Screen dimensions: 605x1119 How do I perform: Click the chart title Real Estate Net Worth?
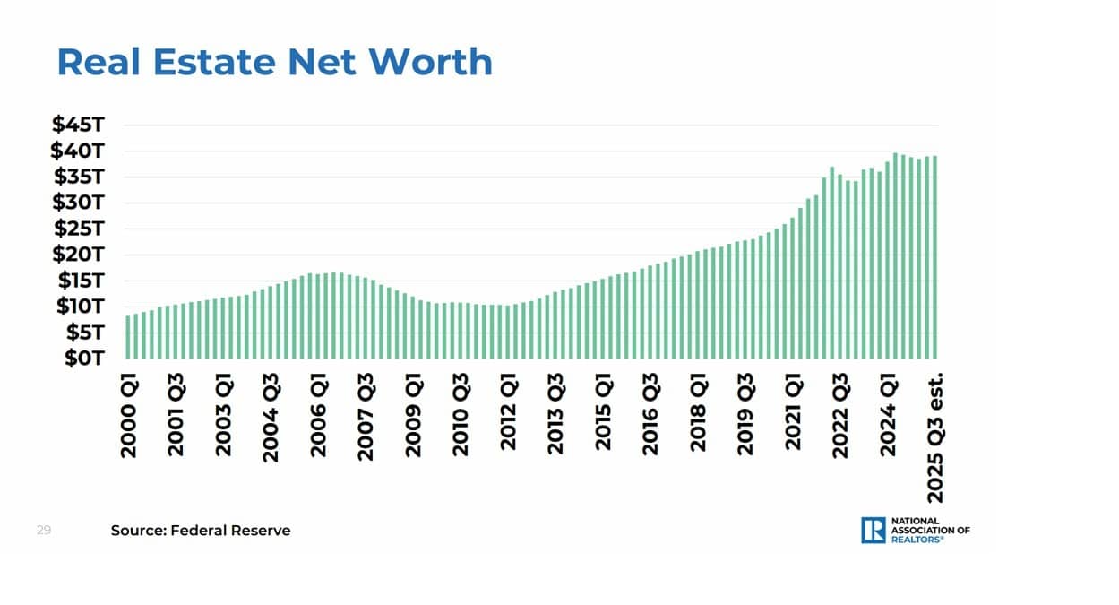point(274,62)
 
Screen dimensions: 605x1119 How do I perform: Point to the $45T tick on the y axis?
point(80,125)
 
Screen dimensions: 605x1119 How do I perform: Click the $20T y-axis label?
point(80,255)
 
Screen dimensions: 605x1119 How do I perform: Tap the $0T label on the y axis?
point(85,359)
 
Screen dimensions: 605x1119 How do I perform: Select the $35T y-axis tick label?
point(80,177)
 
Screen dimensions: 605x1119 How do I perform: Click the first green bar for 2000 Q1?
point(129,336)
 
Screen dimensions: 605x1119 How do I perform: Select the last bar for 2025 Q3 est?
point(934,256)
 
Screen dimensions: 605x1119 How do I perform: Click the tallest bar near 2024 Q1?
point(895,255)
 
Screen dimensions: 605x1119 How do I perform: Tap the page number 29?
point(44,531)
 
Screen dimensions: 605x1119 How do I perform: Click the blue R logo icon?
point(874,530)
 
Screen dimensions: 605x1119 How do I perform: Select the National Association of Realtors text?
point(929,530)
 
